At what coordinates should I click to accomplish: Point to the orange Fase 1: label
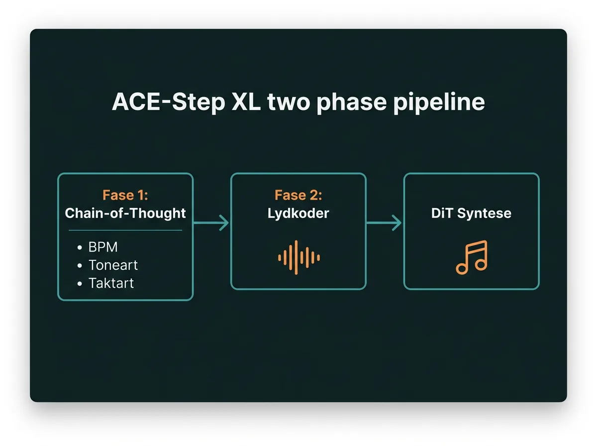pos(125,195)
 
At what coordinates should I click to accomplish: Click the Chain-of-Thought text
pos(125,213)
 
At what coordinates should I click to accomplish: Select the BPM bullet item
pos(103,247)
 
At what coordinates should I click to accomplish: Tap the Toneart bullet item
pos(113,265)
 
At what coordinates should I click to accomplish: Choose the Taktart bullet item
pos(111,283)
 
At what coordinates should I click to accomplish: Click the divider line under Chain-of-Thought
pos(125,230)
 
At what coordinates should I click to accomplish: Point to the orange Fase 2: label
pos(298,195)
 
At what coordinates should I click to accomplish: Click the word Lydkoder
pos(298,213)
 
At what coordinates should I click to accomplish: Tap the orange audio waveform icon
pos(298,257)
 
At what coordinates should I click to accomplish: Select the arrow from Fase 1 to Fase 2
pos(211,223)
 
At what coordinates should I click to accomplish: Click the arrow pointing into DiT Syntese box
pos(384,223)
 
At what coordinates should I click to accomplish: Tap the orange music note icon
pos(471,257)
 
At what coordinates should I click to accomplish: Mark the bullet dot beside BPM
pos(80,248)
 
